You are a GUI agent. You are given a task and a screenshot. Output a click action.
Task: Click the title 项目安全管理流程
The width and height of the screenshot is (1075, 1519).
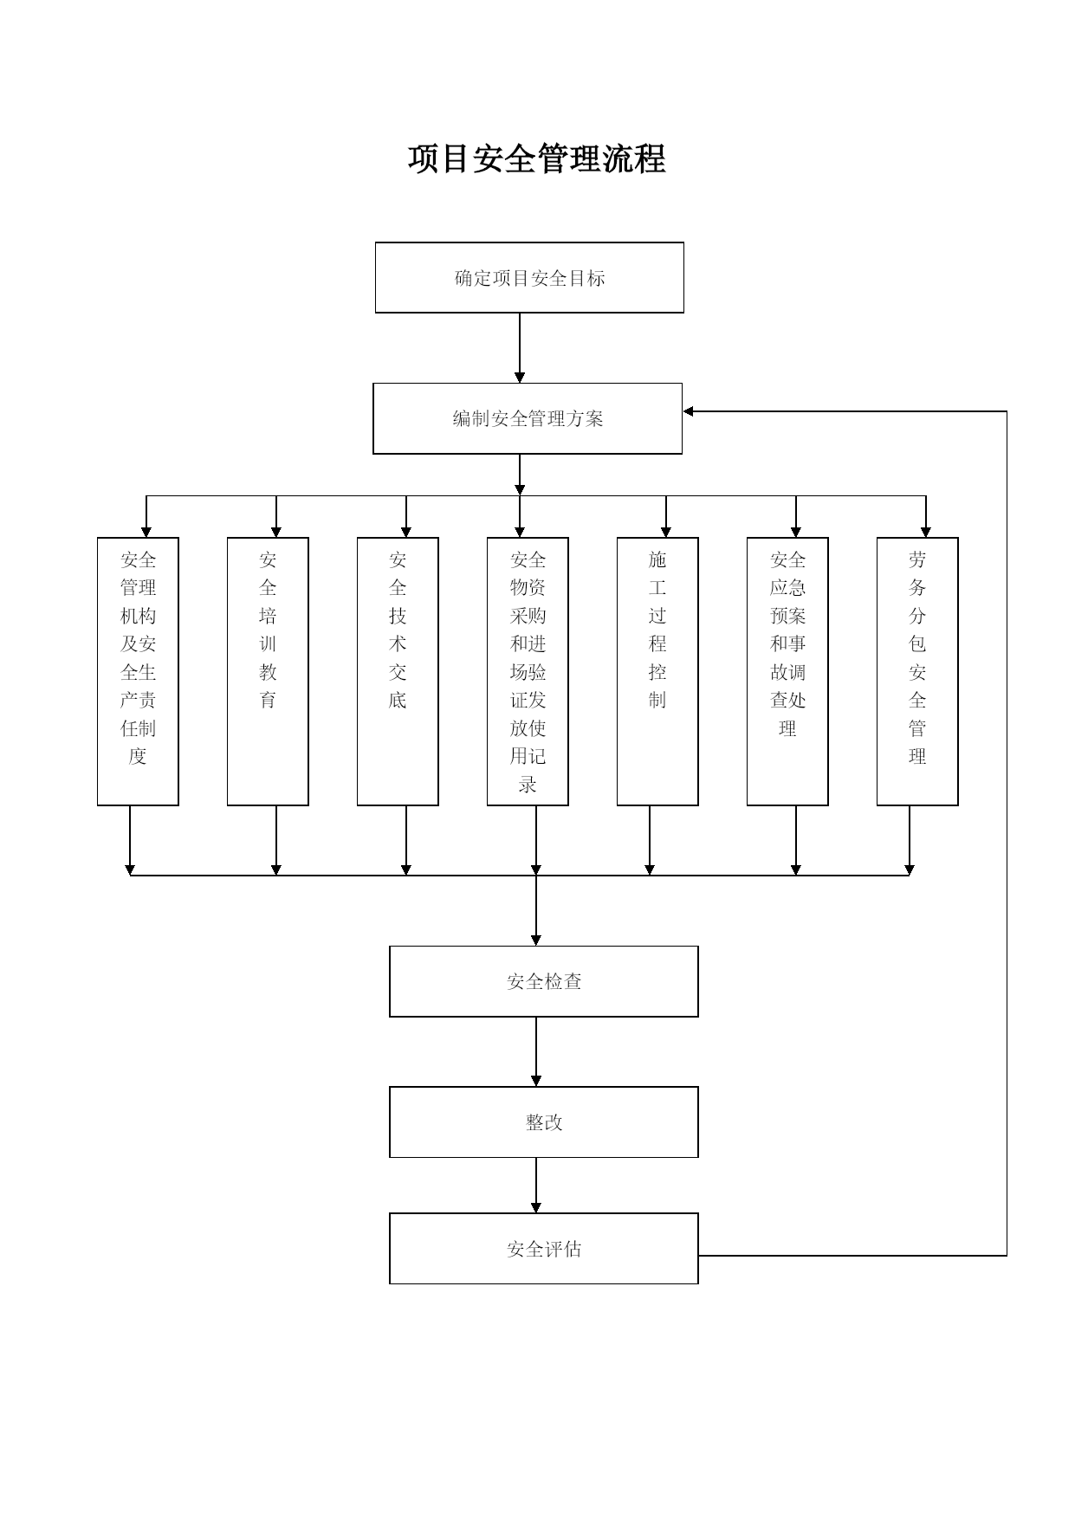pyautogui.click(x=537, y=159)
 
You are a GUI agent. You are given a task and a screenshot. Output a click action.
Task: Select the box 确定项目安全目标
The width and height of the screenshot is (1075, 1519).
pyautogui.click(x=529, y=277)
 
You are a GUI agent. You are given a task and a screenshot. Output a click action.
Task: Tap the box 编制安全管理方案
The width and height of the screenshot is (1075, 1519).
pyautogui.click(x=528, y=418)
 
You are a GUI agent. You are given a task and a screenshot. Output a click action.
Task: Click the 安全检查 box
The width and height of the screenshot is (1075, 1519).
pyautogui.click(x=544, y=981)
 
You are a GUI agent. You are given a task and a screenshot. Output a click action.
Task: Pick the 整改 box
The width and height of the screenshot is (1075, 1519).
pyautogui.click(x=544, y=1122)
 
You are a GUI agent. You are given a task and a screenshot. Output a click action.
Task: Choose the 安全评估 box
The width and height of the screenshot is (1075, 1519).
pyautogui.click(x=544, y=1249)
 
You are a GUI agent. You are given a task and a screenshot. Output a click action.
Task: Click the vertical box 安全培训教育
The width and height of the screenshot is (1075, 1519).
pyautogui.click(x=268, y=671)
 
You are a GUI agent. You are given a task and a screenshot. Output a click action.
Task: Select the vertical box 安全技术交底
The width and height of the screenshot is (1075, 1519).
pyautogui.click(x=398, y=671)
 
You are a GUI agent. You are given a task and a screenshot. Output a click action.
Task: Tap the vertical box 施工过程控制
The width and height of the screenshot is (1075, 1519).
pyautogui.click(x=657, y=671)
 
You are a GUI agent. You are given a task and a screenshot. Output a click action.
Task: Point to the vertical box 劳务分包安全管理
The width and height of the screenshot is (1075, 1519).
pyautogui.click(x=917, y=671)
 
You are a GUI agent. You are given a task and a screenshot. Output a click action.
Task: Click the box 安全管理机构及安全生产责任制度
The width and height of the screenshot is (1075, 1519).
pyautogui.click(x=138, y=671)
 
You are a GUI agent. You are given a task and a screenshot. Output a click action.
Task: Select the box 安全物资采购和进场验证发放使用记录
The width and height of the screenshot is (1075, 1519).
pyautogui.click(x=528, y=671)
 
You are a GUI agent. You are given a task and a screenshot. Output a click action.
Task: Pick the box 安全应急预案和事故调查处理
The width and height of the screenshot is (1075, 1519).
pyautogui.click(x=787, y=671)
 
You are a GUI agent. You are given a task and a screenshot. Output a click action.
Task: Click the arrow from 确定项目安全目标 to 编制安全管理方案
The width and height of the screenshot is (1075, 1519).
pyautogui.click(x=520, y=348)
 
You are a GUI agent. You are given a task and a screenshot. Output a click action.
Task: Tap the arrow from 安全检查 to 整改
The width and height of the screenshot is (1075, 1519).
pyautogui.click(x=536, y=1051)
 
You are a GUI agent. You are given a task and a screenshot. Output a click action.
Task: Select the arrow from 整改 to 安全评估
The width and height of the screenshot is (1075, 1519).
pyautogui.click(x=536, y=1186)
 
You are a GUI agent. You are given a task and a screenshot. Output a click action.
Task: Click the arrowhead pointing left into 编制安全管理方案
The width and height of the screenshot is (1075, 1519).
pyautogui.click(x=689, y=411)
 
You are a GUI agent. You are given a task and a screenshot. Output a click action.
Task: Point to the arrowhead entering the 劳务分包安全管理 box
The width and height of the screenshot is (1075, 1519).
pyautogui.click(x=926, y=532)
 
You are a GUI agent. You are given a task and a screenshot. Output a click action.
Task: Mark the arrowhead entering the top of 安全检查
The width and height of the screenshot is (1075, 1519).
pyautogui.click(x=536, y=940)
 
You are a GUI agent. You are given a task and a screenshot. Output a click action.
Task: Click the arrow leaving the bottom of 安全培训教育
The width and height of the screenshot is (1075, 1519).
pyautogui.click(x=276, y=841)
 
